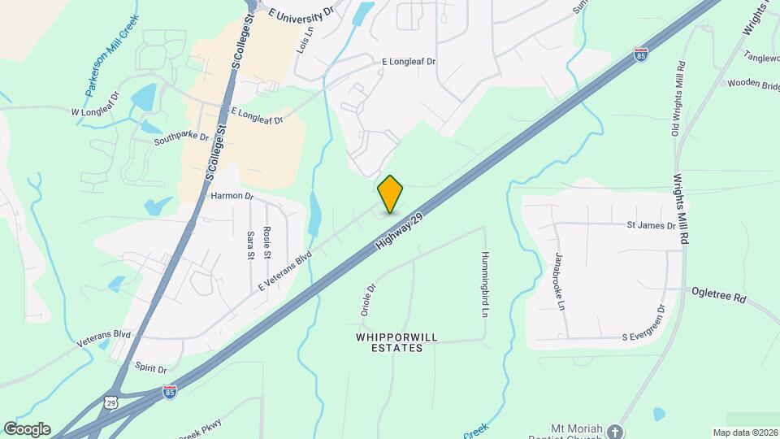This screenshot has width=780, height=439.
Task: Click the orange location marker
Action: [391, 193]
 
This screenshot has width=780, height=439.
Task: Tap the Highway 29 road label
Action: [401, 233]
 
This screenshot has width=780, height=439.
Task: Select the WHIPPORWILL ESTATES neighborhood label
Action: [390, 341]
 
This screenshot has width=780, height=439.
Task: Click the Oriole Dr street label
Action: [366, 299]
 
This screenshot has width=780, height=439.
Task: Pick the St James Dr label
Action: [651, 224]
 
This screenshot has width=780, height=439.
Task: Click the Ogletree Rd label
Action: [718, 294]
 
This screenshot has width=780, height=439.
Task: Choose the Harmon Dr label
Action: [232, 196]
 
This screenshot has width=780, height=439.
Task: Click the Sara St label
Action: [249, 244]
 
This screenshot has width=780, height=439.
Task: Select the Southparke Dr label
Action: [181, 141]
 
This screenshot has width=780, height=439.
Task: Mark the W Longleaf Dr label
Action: [95, 111]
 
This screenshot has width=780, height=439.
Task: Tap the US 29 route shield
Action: [110, 402]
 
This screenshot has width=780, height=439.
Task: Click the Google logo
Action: [27, 428]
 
